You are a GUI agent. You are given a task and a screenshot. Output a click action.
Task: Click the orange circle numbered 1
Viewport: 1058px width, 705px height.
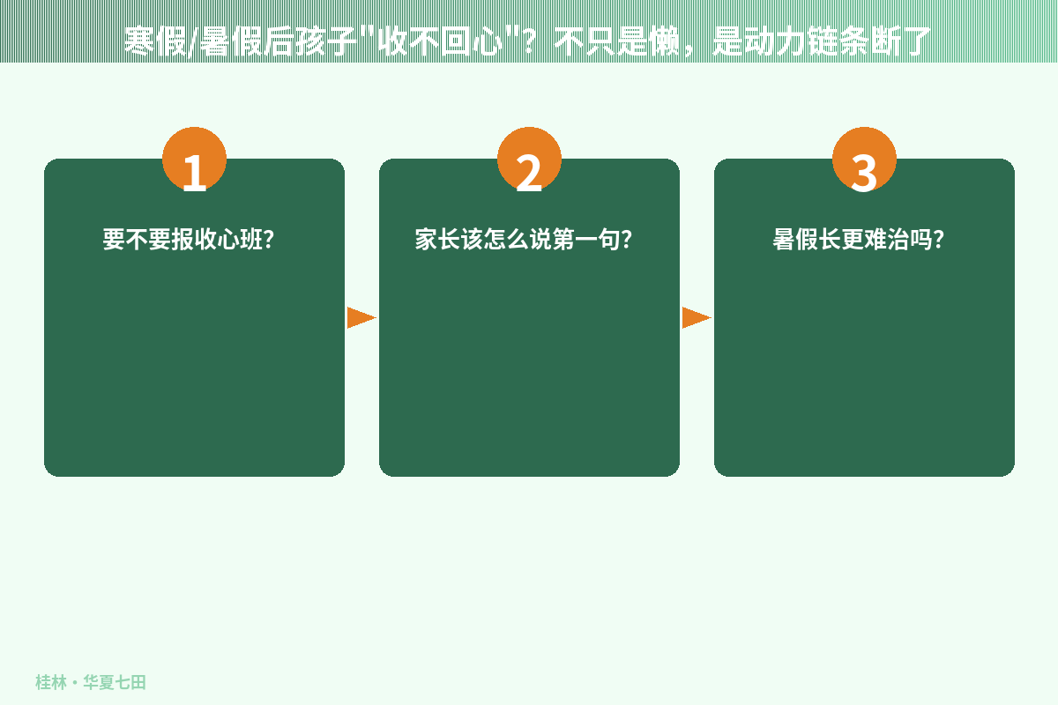(x=194, y=160)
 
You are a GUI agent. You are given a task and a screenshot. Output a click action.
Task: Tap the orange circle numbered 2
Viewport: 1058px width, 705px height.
(x=529, y=160)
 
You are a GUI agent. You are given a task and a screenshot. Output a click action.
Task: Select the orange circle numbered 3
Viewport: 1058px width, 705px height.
(x=864, y=160)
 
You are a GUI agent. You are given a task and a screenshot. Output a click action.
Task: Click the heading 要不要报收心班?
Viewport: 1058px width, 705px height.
(x=189, y=240)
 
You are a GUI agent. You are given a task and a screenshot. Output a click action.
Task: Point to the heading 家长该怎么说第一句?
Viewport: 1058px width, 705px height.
(x=524, y=240)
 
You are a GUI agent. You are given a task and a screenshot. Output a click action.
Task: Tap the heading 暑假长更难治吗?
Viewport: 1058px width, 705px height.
(x=858, y=240)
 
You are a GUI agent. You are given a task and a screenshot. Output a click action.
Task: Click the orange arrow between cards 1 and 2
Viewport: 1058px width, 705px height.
(x=361, y=317)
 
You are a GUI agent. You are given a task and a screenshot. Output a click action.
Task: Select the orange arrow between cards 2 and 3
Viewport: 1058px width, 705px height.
(x=697, y=317)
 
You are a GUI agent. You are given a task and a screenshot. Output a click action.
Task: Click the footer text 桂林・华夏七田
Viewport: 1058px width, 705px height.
(x=91, y=682)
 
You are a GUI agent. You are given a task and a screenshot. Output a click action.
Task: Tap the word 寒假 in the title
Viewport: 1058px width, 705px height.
(x=155, y=41)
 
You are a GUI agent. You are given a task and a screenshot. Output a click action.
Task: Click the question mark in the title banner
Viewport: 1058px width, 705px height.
(x=528, y=41)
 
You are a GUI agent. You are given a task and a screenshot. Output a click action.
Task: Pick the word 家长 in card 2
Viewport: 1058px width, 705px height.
(x=437, y=240)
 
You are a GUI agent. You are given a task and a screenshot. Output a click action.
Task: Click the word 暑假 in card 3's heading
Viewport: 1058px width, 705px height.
(x=795, y=240)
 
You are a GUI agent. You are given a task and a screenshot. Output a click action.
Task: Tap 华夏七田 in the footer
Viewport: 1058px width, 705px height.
(x=115, y=682)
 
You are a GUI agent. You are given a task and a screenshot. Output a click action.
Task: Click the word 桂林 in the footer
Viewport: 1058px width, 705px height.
(x=51, y=682)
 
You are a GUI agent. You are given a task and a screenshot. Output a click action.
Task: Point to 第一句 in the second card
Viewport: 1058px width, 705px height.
(x=586, y=240)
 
